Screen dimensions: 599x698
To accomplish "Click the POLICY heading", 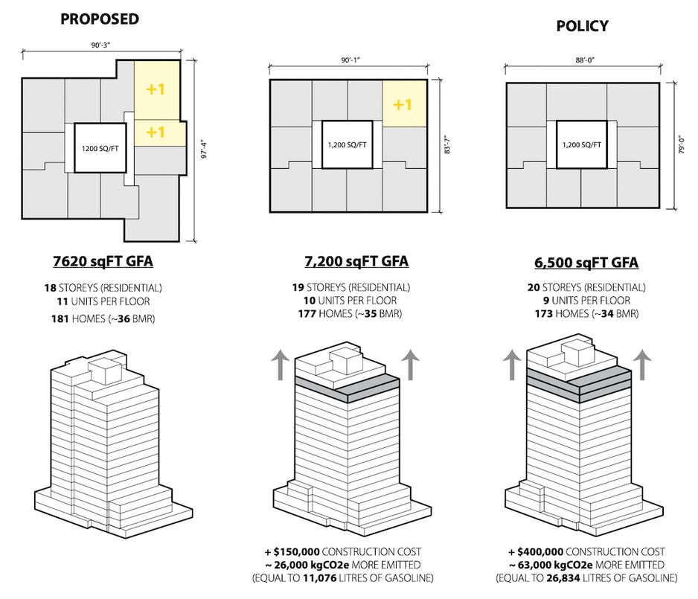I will tap(582, 26).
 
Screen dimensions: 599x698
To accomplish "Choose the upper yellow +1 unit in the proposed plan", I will tap(156, 90).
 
